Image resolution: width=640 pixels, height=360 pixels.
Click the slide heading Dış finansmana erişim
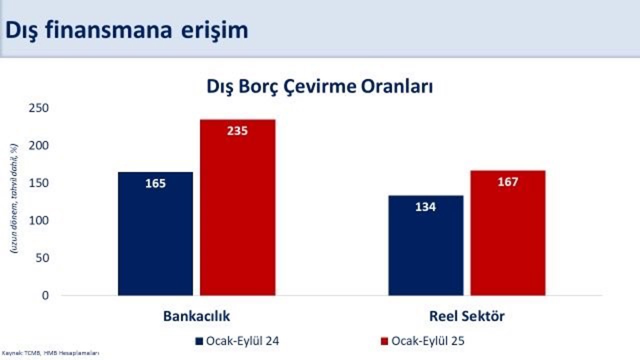(126, 29)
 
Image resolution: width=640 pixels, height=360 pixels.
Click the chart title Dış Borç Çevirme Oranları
(319, 86)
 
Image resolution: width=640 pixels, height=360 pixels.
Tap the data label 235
(237, 131)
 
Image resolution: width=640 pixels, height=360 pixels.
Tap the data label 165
(155, 183)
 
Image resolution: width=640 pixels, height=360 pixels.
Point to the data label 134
(425, 206)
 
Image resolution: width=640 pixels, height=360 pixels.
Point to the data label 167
(507, 182)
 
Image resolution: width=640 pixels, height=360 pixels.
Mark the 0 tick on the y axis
(45, 295)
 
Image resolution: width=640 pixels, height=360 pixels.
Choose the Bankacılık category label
(196, 316)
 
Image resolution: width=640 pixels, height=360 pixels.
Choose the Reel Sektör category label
(466, 316)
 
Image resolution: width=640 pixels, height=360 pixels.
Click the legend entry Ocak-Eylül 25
(422, 341)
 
